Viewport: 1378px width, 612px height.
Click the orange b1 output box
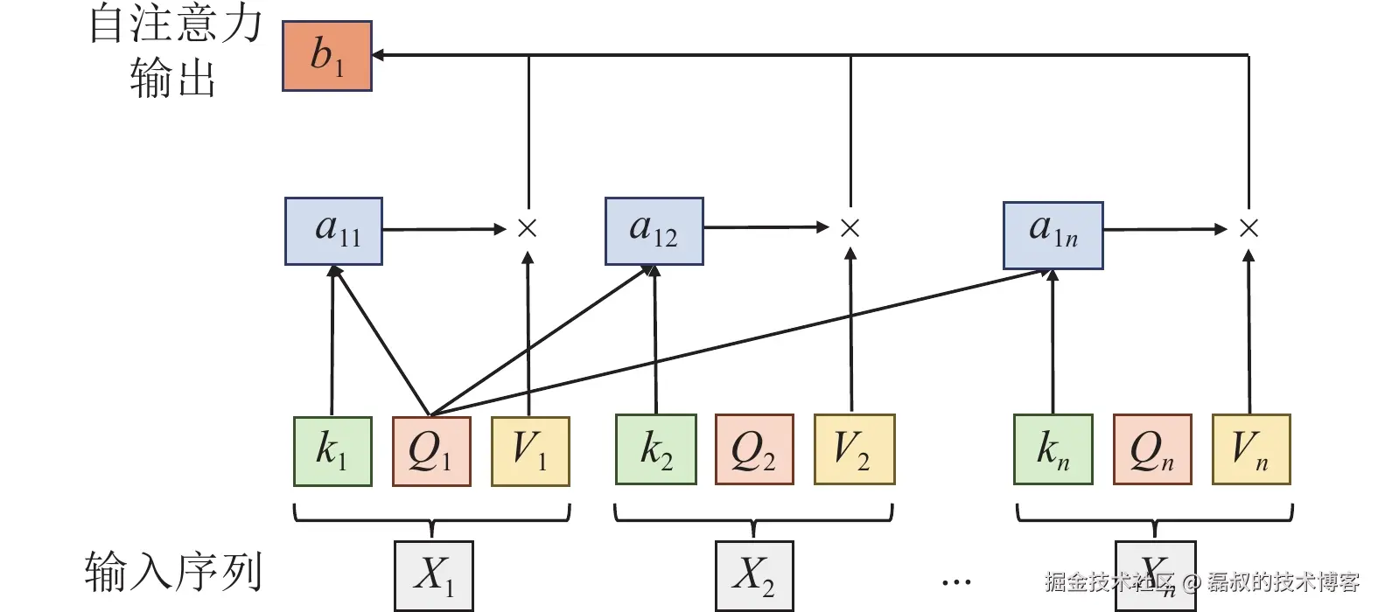326,57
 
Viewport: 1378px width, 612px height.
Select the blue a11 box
333,231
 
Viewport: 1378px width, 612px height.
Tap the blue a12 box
654,231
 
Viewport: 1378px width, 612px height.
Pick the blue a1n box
1053,235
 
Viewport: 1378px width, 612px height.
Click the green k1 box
332,451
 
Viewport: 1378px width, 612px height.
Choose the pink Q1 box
431,451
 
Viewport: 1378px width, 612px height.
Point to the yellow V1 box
530,451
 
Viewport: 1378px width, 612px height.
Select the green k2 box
655,449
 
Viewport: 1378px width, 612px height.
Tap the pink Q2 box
754,449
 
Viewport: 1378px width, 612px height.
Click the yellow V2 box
854,449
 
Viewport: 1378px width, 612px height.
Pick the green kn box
1053,449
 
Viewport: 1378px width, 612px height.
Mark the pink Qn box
1152,449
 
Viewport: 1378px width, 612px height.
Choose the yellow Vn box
1251,449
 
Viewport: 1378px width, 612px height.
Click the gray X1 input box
433,576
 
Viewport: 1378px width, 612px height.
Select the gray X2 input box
754,576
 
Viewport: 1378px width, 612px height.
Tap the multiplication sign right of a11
527,228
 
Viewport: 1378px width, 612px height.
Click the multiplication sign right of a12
850,228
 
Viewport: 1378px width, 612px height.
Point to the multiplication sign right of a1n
1249,228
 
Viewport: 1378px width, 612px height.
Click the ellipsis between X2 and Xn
956,581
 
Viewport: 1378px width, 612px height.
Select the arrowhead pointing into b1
380,55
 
